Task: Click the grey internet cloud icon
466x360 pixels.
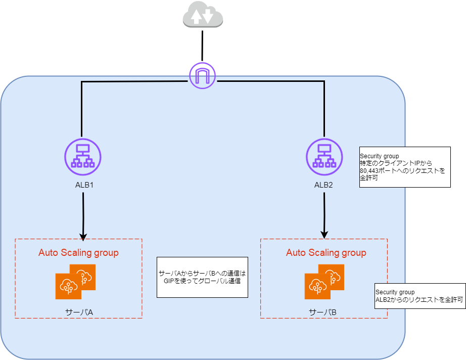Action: (x=203, y=15)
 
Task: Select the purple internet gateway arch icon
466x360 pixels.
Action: (x=202, y=75)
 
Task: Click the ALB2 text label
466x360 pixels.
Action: (x=323, y=185)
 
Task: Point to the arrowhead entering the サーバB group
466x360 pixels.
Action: (x=324, y=235)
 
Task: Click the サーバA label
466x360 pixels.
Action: (x=79, y=312)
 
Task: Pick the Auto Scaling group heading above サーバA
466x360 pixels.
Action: (x=78, y=253)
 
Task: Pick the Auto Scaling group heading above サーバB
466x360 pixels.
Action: (x=326, y=253)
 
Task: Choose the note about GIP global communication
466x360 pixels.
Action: (x=202, y=277)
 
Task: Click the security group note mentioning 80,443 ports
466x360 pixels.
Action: (x=404, y=167)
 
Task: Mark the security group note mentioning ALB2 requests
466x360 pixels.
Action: (x=420, y=296)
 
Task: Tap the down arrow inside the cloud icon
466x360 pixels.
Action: (x=208, y=17)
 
